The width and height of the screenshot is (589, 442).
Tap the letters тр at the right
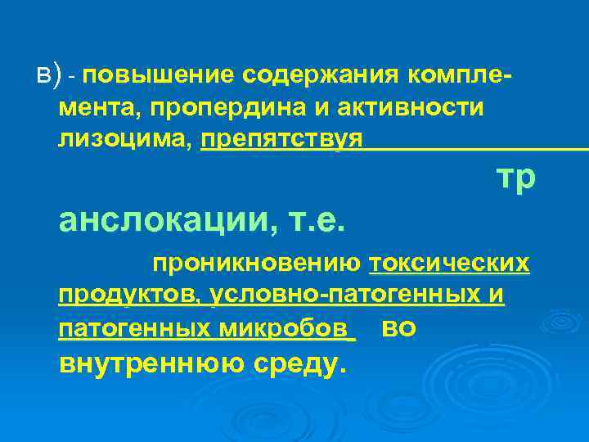516,177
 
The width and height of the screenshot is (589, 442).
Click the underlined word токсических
449,264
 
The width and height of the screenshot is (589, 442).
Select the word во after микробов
399,328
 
